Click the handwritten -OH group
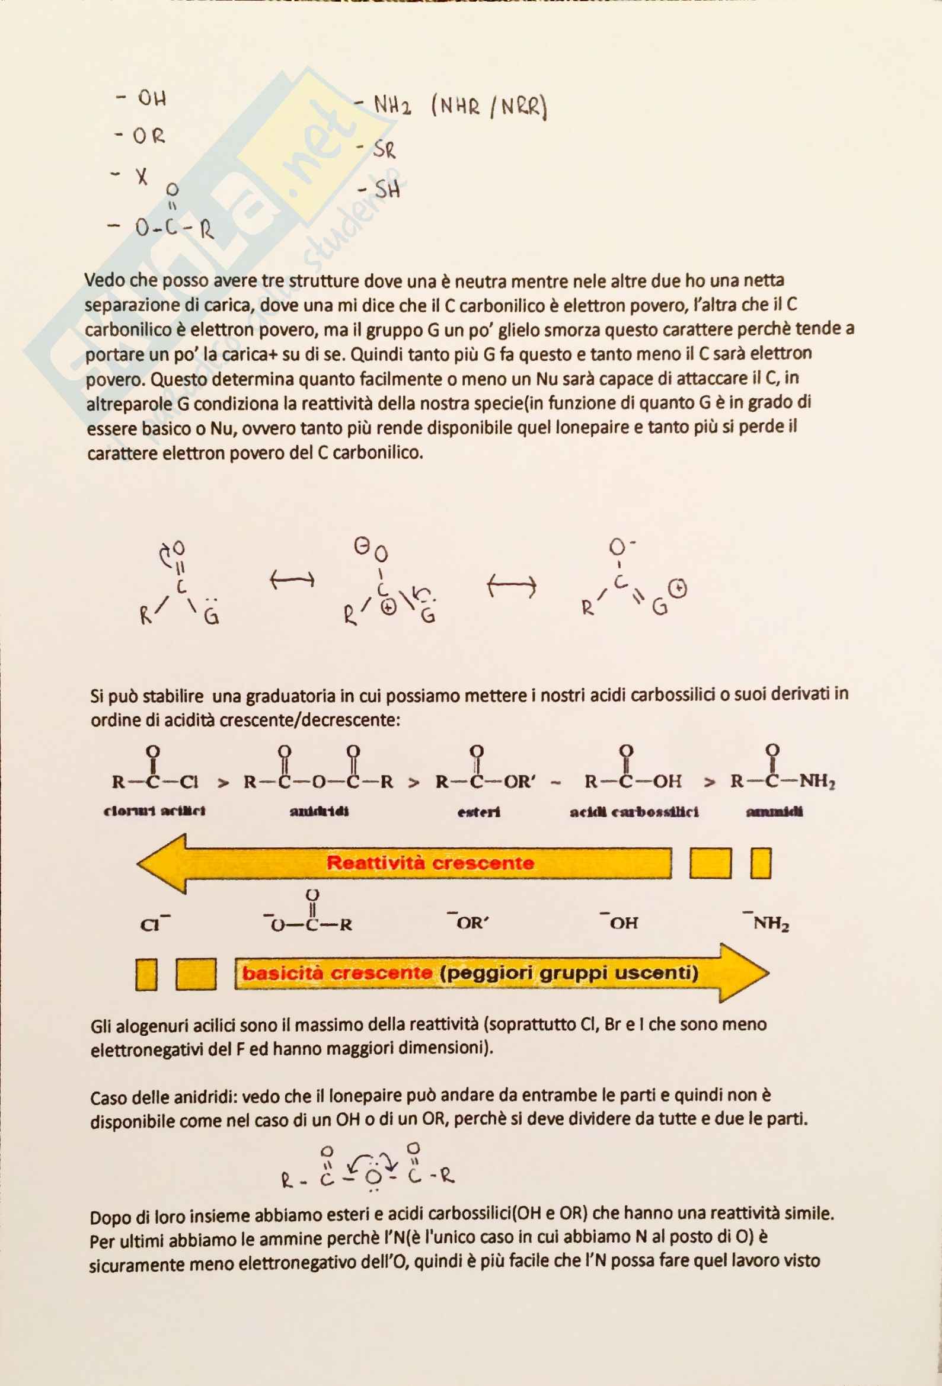click(x=143, y=98)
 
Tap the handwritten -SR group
click(x=377, y=149)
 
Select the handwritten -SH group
click(x=379, y=191)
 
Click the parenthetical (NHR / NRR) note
click(x=488, y=108)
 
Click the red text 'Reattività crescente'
click(x=430, y=863)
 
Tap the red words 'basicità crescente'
click(x=337, y=973)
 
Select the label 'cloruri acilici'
click(x=155, y=811)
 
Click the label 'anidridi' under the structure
click(x=319, y=811)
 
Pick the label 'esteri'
click(x=478, y=812)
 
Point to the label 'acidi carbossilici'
click(x=634, y=812)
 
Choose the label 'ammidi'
click(x=774, y=811)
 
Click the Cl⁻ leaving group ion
click(x=154, y=924)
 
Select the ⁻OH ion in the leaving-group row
click(x=620, y=922)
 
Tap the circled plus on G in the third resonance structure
click(x=678, y=590)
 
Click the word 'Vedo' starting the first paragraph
click(x=105, y=280)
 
